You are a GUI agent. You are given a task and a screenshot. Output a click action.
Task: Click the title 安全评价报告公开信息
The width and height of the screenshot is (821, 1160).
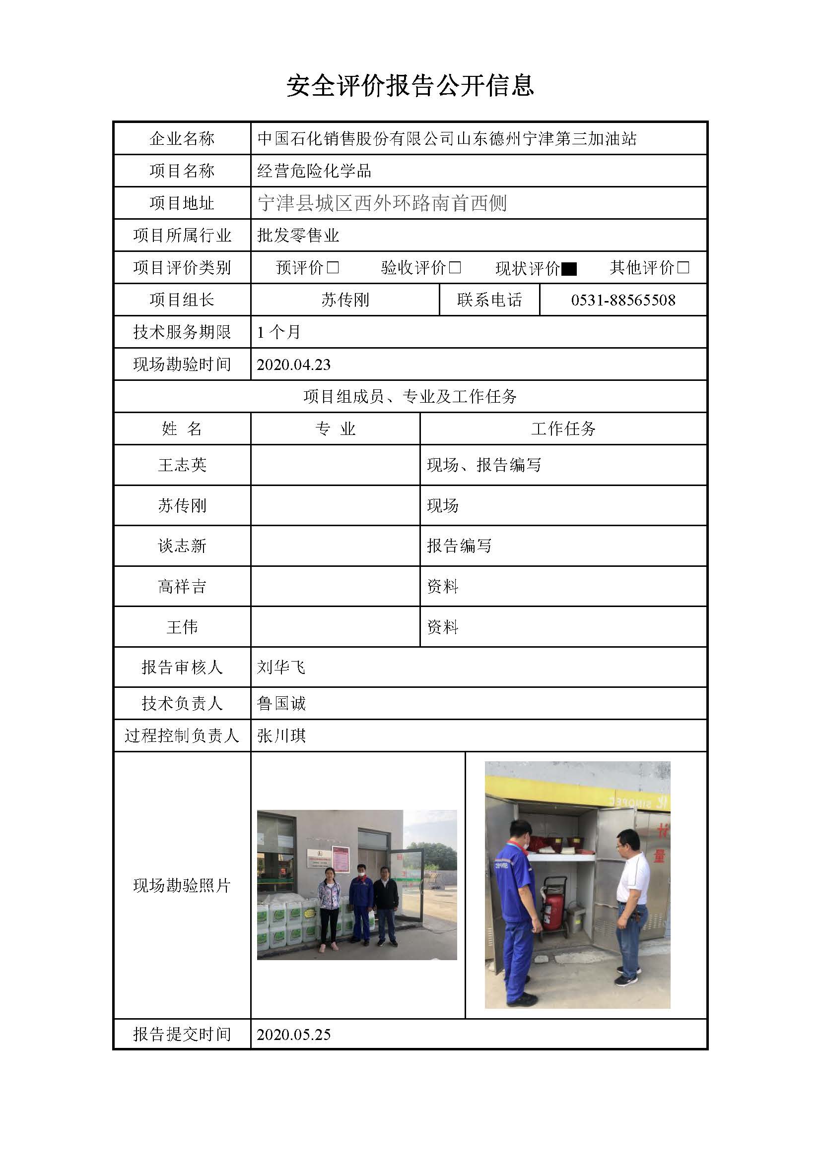410,85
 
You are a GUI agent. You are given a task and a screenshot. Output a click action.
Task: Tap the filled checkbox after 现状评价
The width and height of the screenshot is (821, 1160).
569,269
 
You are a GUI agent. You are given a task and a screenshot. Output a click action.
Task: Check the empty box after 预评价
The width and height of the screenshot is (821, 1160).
333,267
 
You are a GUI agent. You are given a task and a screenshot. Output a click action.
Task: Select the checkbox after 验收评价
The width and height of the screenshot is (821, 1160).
455,267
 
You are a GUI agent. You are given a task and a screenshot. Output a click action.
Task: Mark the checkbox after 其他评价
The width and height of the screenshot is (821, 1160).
683,267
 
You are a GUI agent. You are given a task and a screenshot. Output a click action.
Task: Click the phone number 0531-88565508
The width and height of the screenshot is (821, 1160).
623,300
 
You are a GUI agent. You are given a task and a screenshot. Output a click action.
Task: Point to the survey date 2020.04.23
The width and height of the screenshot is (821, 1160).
294,365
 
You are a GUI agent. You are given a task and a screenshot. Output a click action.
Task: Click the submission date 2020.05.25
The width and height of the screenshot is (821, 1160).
294,1034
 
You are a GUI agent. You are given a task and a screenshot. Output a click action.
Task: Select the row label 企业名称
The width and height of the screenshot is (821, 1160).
182,138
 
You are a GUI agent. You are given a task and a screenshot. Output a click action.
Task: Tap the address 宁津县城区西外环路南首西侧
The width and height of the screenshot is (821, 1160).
382,203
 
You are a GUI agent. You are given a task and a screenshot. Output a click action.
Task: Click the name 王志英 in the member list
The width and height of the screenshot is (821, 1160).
182,465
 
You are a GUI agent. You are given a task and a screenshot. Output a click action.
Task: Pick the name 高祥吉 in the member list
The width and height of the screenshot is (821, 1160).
182,587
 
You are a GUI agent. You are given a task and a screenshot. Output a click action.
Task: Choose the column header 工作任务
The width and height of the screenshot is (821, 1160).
563,429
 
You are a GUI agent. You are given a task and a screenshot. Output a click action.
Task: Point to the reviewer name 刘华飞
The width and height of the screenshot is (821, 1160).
281,668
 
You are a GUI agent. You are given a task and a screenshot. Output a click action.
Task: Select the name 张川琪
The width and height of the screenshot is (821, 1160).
281,735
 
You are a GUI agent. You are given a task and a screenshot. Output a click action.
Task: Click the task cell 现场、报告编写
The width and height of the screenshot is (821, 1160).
484,465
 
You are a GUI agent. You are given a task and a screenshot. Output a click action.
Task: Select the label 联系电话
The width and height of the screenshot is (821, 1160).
489,300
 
